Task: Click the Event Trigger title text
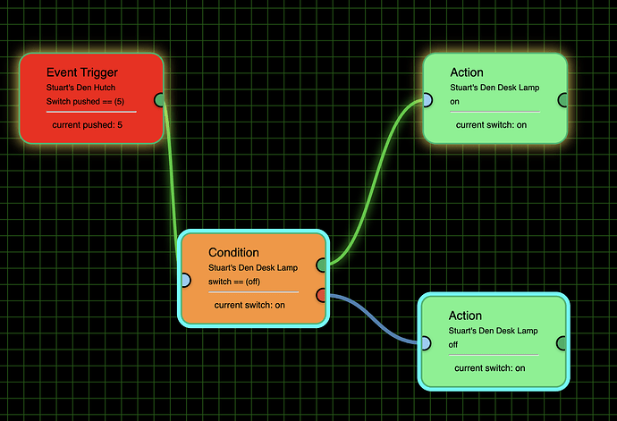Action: (81, 72)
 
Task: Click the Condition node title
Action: (233, 252)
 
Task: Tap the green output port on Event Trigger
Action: (159, 99)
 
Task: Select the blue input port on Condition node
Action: (184, 280)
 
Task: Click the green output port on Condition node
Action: (323, 265)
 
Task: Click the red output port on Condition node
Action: (323, 294)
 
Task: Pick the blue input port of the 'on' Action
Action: (427, 100)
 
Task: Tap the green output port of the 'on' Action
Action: (562, 100)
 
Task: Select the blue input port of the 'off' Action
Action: (426, 341)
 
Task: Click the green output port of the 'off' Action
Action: (562, 341)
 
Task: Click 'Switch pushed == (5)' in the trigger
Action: (85, 102)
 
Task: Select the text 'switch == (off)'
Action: (233, 282)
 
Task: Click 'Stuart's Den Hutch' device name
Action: (80, 88)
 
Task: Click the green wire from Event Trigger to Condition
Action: (172, 170)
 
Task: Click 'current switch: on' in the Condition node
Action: (249, 305)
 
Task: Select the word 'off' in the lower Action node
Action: (452, 343)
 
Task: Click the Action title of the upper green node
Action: (467, 72)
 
